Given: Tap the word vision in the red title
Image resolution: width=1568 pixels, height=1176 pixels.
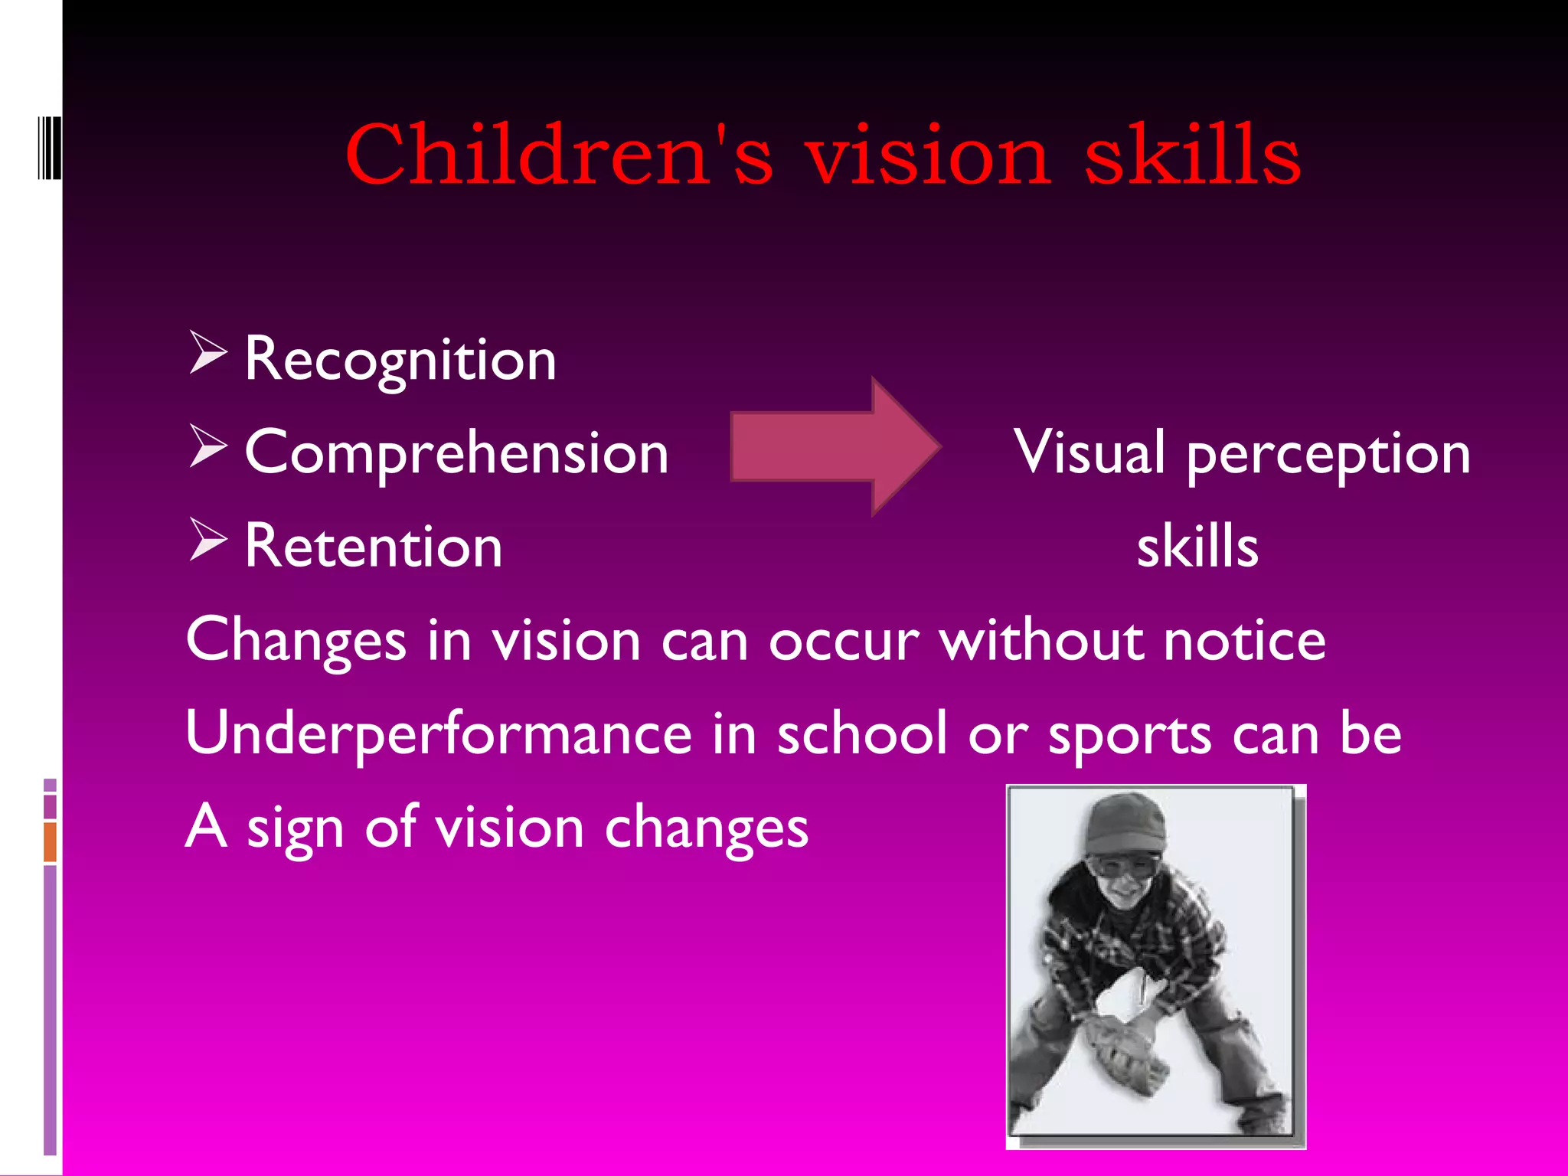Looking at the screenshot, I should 927,156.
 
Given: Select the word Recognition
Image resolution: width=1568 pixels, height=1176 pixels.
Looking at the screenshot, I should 400,359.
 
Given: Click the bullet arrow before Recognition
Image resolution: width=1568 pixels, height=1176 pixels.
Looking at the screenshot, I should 207,353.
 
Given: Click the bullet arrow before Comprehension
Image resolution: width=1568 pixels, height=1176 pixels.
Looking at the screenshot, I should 207,446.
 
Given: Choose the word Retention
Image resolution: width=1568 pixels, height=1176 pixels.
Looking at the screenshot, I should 374,547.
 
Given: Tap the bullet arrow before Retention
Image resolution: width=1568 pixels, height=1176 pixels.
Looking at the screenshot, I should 207,540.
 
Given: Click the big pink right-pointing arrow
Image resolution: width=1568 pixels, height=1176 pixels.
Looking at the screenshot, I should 835,446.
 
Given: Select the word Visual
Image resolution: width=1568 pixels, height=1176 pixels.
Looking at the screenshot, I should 1090,452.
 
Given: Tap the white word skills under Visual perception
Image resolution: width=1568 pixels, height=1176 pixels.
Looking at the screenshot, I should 1197,547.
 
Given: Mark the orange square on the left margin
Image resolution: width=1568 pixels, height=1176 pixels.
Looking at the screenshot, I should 50,841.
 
